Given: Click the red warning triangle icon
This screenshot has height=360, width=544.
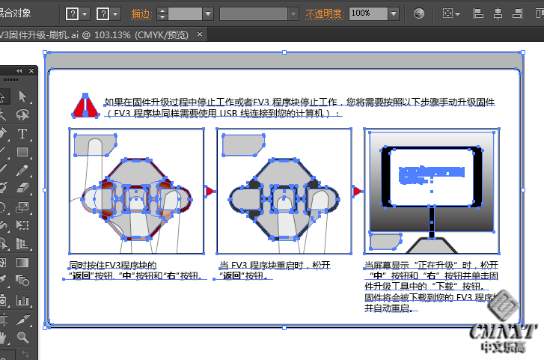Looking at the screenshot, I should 86,106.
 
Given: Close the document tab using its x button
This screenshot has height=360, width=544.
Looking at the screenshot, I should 199,34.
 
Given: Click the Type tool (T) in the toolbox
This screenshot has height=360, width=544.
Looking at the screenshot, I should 22,134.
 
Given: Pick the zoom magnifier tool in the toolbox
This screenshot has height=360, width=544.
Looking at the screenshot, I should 22,338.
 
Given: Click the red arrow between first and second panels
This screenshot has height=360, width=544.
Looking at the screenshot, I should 210,192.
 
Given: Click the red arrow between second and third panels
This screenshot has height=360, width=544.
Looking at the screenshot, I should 357,192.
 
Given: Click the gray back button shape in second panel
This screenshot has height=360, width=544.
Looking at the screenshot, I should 243,145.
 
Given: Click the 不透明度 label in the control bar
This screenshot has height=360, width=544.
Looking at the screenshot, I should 326,13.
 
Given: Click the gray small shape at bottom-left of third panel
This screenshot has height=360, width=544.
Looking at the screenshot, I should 385,241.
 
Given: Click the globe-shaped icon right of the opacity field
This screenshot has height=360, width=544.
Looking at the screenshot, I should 419,13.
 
